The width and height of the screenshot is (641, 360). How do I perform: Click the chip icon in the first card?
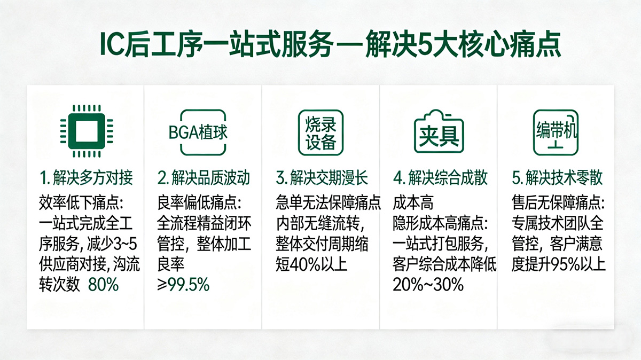pos(87,131)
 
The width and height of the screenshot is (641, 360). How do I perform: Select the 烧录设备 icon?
pos(320,132)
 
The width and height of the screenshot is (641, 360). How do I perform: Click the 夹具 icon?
pos(439,131)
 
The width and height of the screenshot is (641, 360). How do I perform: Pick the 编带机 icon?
pos(556,132)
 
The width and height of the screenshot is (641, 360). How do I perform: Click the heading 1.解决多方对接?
pos(86,178)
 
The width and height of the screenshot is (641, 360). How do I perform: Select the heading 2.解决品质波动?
pos(204,178)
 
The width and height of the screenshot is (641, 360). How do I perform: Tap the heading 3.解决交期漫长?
pos(322,178)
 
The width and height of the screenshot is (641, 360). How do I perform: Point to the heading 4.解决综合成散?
pos(440,178)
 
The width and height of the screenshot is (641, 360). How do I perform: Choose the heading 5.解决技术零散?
pos(557,178)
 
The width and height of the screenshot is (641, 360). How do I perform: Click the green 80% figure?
pos(103,285)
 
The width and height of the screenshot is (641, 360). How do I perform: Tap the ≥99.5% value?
pos(183,285)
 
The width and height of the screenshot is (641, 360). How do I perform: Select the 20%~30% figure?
pos(428,285)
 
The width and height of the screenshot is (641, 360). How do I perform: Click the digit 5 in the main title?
pos(424,45)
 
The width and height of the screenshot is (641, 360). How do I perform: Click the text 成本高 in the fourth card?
pos(413,203)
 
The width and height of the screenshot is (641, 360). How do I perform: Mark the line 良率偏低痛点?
pos(199,203)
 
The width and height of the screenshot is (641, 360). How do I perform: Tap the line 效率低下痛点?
pos(81,203)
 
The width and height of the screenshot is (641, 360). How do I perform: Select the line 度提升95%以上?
pos(558,264)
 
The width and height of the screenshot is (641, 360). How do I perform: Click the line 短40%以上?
pos(311,264)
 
